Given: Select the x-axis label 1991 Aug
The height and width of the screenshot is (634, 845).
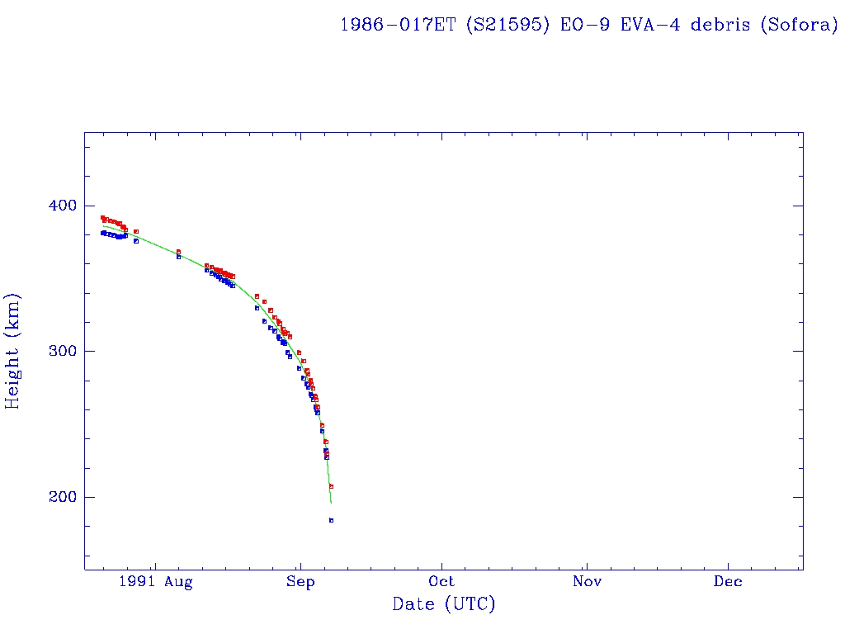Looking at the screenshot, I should tap(155, 582).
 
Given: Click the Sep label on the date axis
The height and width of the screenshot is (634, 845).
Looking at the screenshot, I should tap(300, 582).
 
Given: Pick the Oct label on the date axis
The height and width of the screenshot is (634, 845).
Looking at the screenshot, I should tap(441, 582).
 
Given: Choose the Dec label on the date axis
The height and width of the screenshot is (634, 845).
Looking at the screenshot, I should tap(728, 582).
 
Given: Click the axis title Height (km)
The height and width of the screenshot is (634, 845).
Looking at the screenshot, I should tap(13, 351).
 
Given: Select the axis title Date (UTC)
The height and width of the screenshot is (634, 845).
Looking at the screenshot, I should tap(444, 605).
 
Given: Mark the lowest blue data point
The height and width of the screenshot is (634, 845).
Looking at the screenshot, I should tap(331, 520).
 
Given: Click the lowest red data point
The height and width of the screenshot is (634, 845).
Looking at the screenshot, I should tap(331, 486).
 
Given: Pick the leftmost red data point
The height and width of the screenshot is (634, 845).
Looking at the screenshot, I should tap(102, 218).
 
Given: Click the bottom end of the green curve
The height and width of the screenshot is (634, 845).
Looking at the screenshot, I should tap(331, 503).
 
